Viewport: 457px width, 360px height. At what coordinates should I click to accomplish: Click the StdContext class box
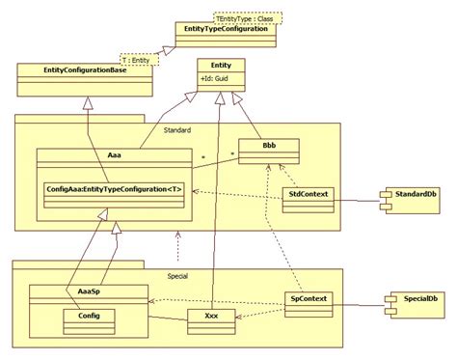(309, 196)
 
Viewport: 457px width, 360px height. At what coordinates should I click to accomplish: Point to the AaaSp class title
(87, 291)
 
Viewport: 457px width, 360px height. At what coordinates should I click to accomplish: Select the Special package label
(175, 273)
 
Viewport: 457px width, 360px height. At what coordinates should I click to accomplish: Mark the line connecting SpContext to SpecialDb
(359, 300)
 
